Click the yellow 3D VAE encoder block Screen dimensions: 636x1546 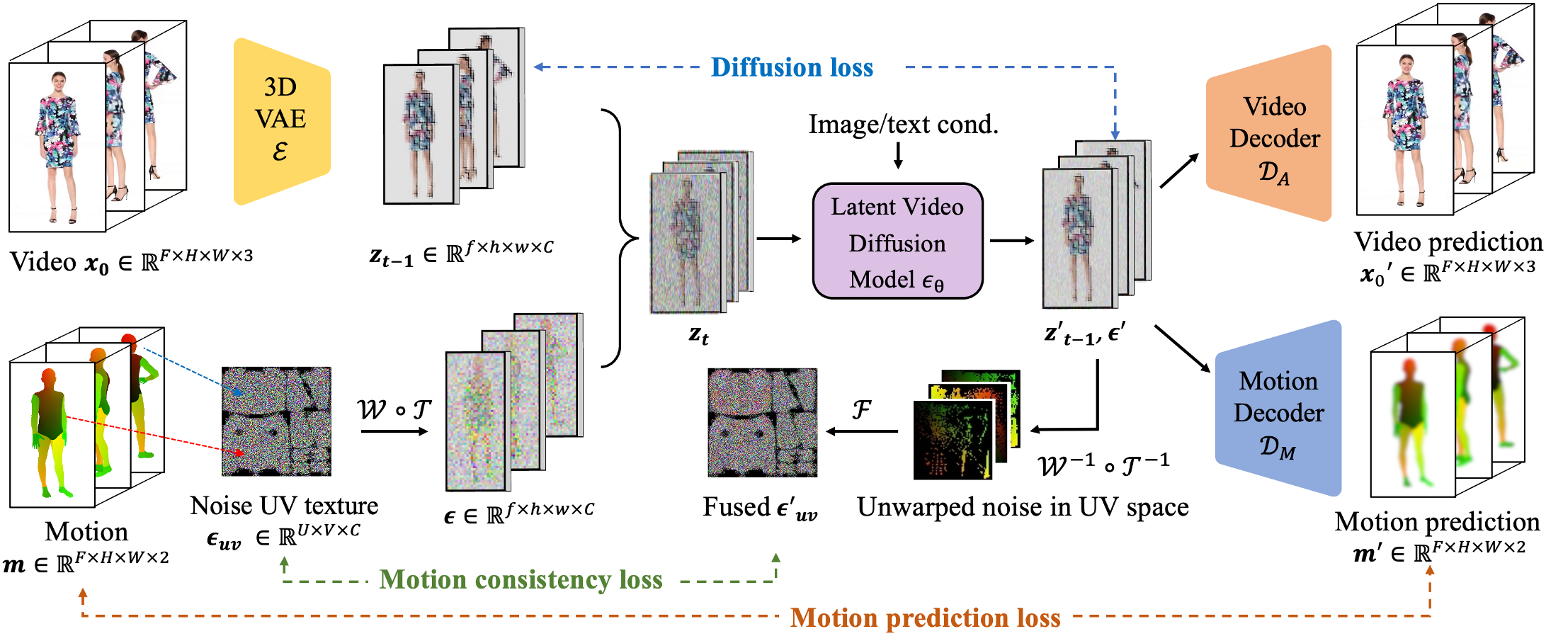(x=281, y=120)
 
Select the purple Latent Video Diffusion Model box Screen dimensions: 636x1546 (x=897, y=242)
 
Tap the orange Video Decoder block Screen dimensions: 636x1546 (x=1271, y=135)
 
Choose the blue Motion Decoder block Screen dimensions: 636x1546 (x=1278, y=411)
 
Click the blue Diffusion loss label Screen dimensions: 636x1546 (x=792, y=67)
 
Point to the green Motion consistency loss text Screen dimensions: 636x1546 (x=521, y=579)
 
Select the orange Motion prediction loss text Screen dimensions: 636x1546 (x=925, y=618)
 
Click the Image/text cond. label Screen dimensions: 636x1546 (x=903, y=124)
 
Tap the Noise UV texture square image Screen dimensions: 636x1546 (x=276, y=421)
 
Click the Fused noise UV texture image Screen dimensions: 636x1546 (x=762, y=422)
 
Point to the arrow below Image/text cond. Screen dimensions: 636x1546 (x=898, y=155)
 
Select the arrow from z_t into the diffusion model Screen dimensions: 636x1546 (x=778, y=239)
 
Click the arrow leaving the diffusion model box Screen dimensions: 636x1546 (x=1011, y=241)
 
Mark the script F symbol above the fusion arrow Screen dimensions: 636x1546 (x=861, y=409)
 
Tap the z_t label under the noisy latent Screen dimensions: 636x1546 (x=698, y=334)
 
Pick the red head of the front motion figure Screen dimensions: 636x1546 (x=48, y=375)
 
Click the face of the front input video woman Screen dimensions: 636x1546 (x=58, y=79)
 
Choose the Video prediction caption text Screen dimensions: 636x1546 (x=1448, y=242)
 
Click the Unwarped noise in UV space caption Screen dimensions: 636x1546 (x=1022, y=507)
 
